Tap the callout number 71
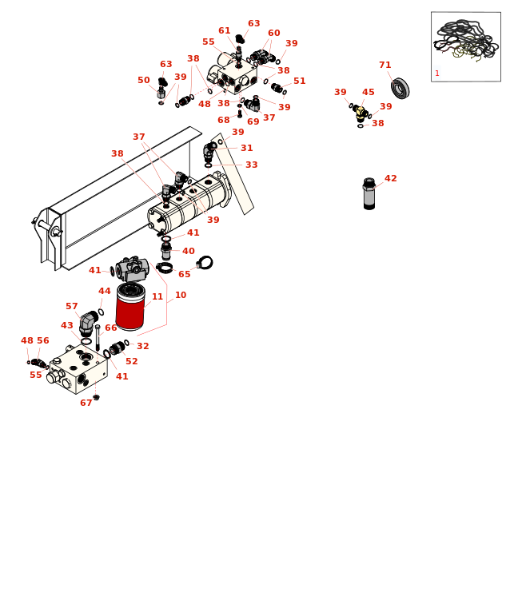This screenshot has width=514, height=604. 385,66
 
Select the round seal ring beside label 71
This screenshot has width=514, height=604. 400,88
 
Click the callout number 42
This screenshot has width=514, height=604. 390,179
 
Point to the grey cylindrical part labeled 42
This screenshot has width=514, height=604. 369,194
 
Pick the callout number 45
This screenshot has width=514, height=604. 368,93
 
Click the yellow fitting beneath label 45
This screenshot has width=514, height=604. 361,112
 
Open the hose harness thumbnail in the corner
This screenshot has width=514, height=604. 465,46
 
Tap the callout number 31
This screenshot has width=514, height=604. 246,149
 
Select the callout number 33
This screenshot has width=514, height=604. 251,165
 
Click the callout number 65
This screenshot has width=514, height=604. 184,275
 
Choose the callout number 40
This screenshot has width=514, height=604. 188,252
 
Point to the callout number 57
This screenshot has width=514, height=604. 71,307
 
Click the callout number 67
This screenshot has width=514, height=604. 86,403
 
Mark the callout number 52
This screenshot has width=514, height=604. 131,362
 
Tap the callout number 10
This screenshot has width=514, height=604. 180,296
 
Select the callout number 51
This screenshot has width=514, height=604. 299,81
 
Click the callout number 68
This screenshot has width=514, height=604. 223,121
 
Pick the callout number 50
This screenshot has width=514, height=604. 143,81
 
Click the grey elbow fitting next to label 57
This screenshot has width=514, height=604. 87,321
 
